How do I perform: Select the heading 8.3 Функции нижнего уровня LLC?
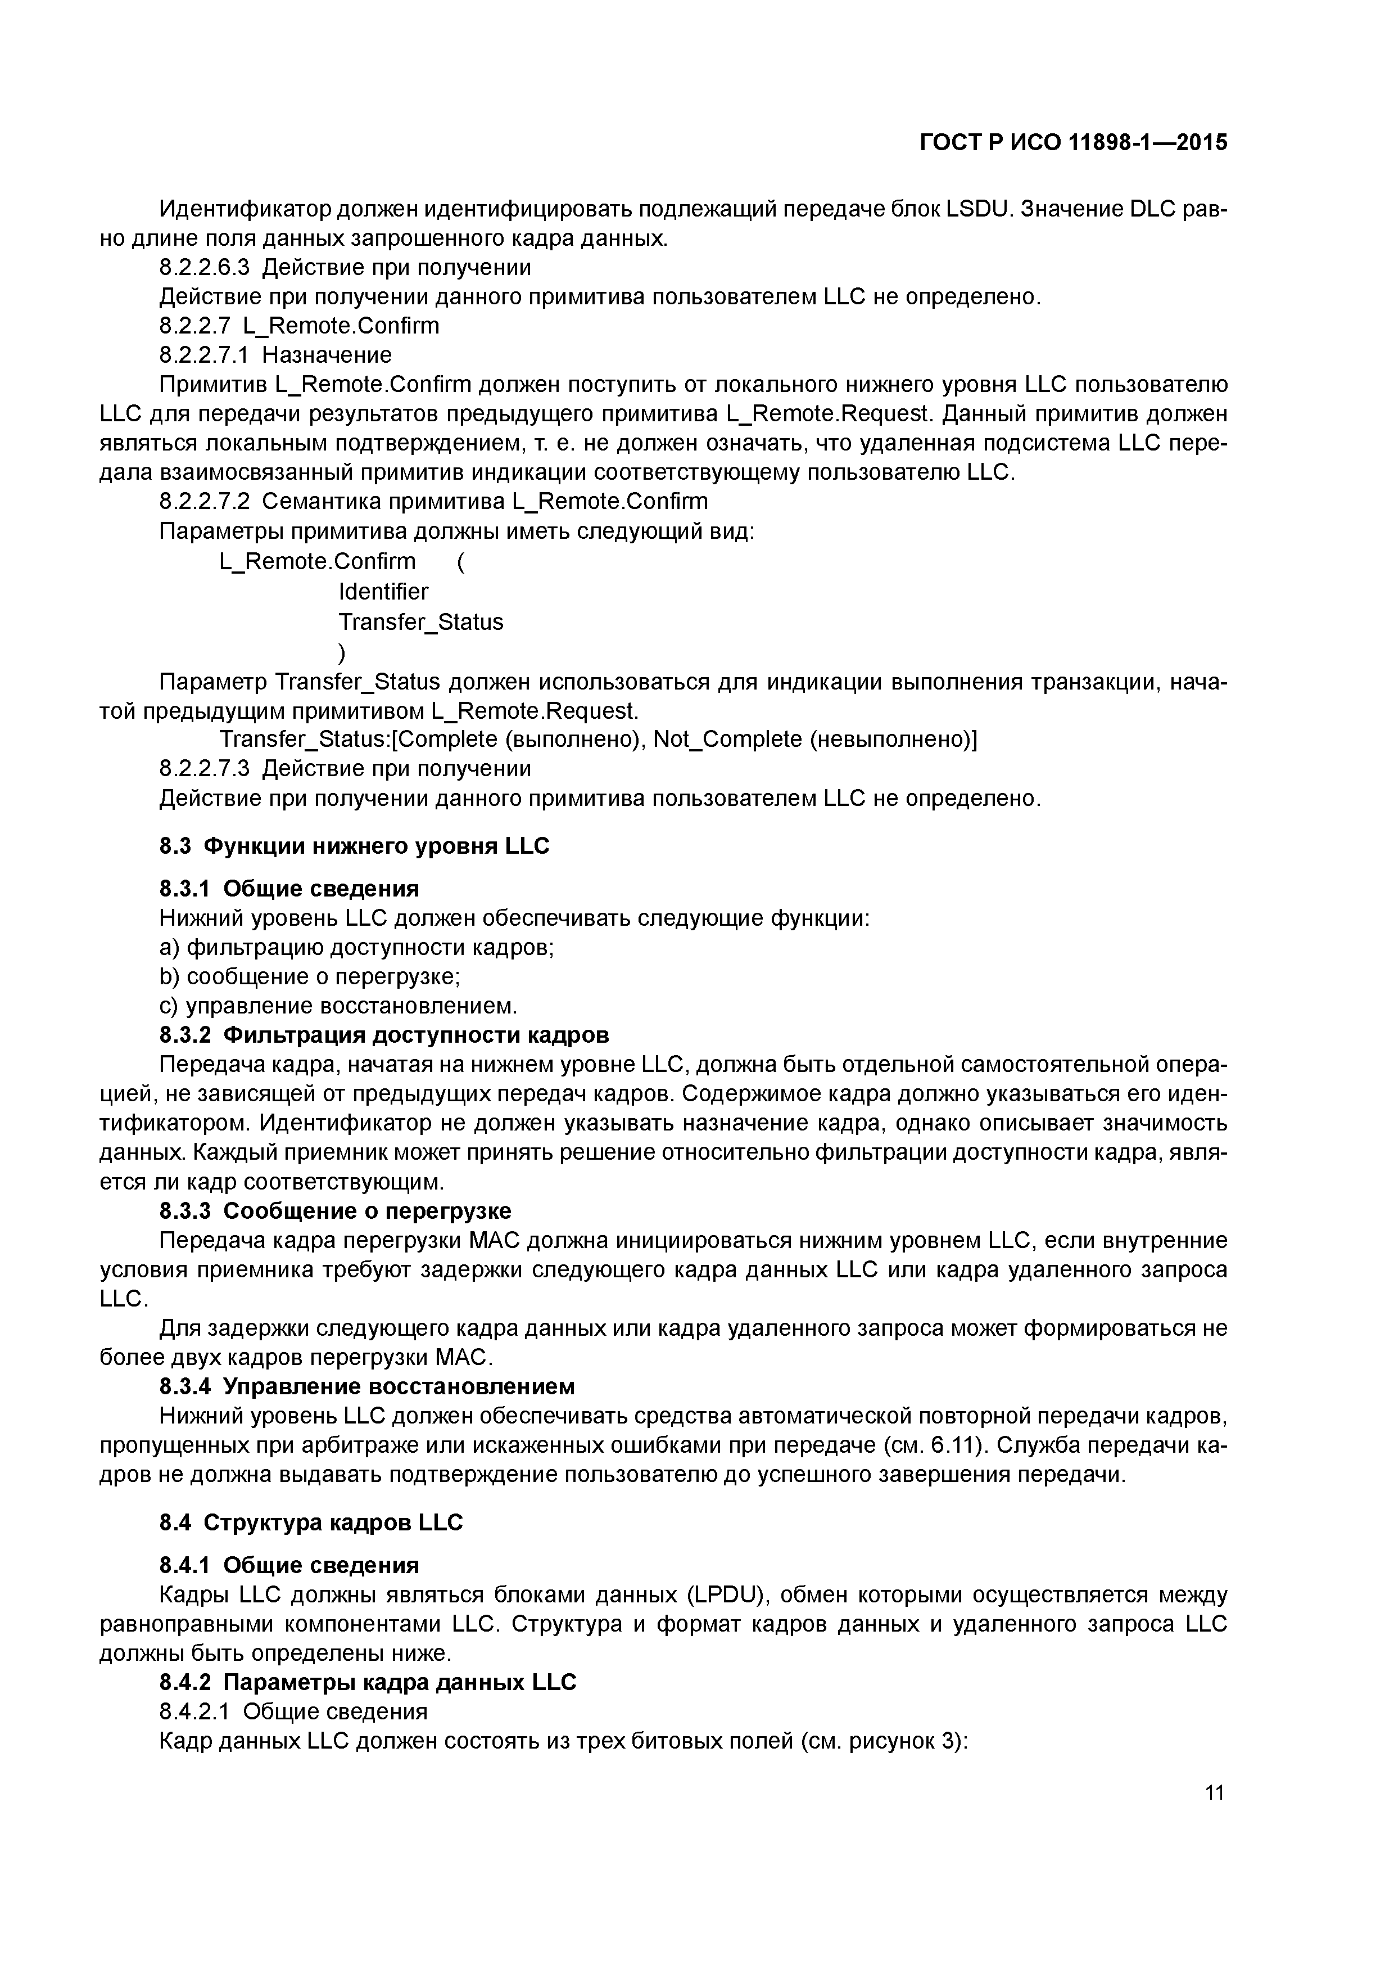click(354, 846)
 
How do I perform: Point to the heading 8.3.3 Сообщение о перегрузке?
click(335, 1211)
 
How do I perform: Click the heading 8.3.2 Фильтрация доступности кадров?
click(384, 1035)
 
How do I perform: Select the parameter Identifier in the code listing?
click(383, 592)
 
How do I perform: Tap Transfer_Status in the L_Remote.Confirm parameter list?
click(421, 622)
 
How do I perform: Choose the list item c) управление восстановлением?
click(338, 1006)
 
